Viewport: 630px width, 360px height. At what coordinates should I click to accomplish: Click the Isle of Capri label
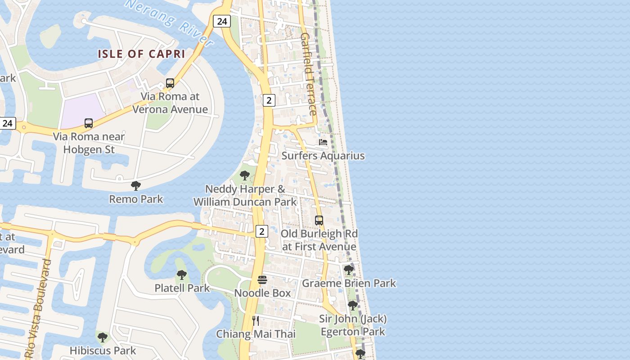[x=142, y=54]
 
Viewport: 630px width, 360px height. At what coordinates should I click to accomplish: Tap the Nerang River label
[x=170, y=22]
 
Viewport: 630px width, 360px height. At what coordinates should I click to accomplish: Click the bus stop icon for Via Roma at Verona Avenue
[x=170, y=83]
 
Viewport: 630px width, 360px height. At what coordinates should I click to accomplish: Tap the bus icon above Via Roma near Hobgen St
[x=89, y=123]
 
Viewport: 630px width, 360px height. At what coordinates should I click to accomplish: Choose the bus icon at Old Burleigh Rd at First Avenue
[x=319, y=220]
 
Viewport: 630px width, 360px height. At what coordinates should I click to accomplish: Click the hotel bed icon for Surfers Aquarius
[x=323, y=142]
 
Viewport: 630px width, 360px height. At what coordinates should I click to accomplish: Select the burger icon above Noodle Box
[x=262, y=280]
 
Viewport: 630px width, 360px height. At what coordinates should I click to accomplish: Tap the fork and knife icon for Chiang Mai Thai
[x=256, y=320]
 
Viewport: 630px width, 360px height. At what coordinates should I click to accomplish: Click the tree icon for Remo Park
[x=136, y=185]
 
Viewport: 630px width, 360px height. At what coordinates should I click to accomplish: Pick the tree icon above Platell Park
[x=182, y=274]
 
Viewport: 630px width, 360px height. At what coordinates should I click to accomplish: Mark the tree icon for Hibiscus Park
[x=103, y=337]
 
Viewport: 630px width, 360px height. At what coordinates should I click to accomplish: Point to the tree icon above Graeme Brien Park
[x=349, y=270]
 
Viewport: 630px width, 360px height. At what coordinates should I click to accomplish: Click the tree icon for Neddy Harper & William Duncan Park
[x=245, y=175]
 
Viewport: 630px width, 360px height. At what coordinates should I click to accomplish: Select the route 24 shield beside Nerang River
[x=222, y=21]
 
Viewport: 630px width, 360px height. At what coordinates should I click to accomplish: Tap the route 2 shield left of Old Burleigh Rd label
[x=261, y=231]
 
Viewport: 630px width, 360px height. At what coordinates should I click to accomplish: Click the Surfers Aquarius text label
[x=323, y=156]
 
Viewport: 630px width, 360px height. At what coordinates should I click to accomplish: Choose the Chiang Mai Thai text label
[x=256, y=334]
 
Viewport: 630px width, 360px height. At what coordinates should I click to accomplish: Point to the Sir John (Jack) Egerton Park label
[x=353, y=325]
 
